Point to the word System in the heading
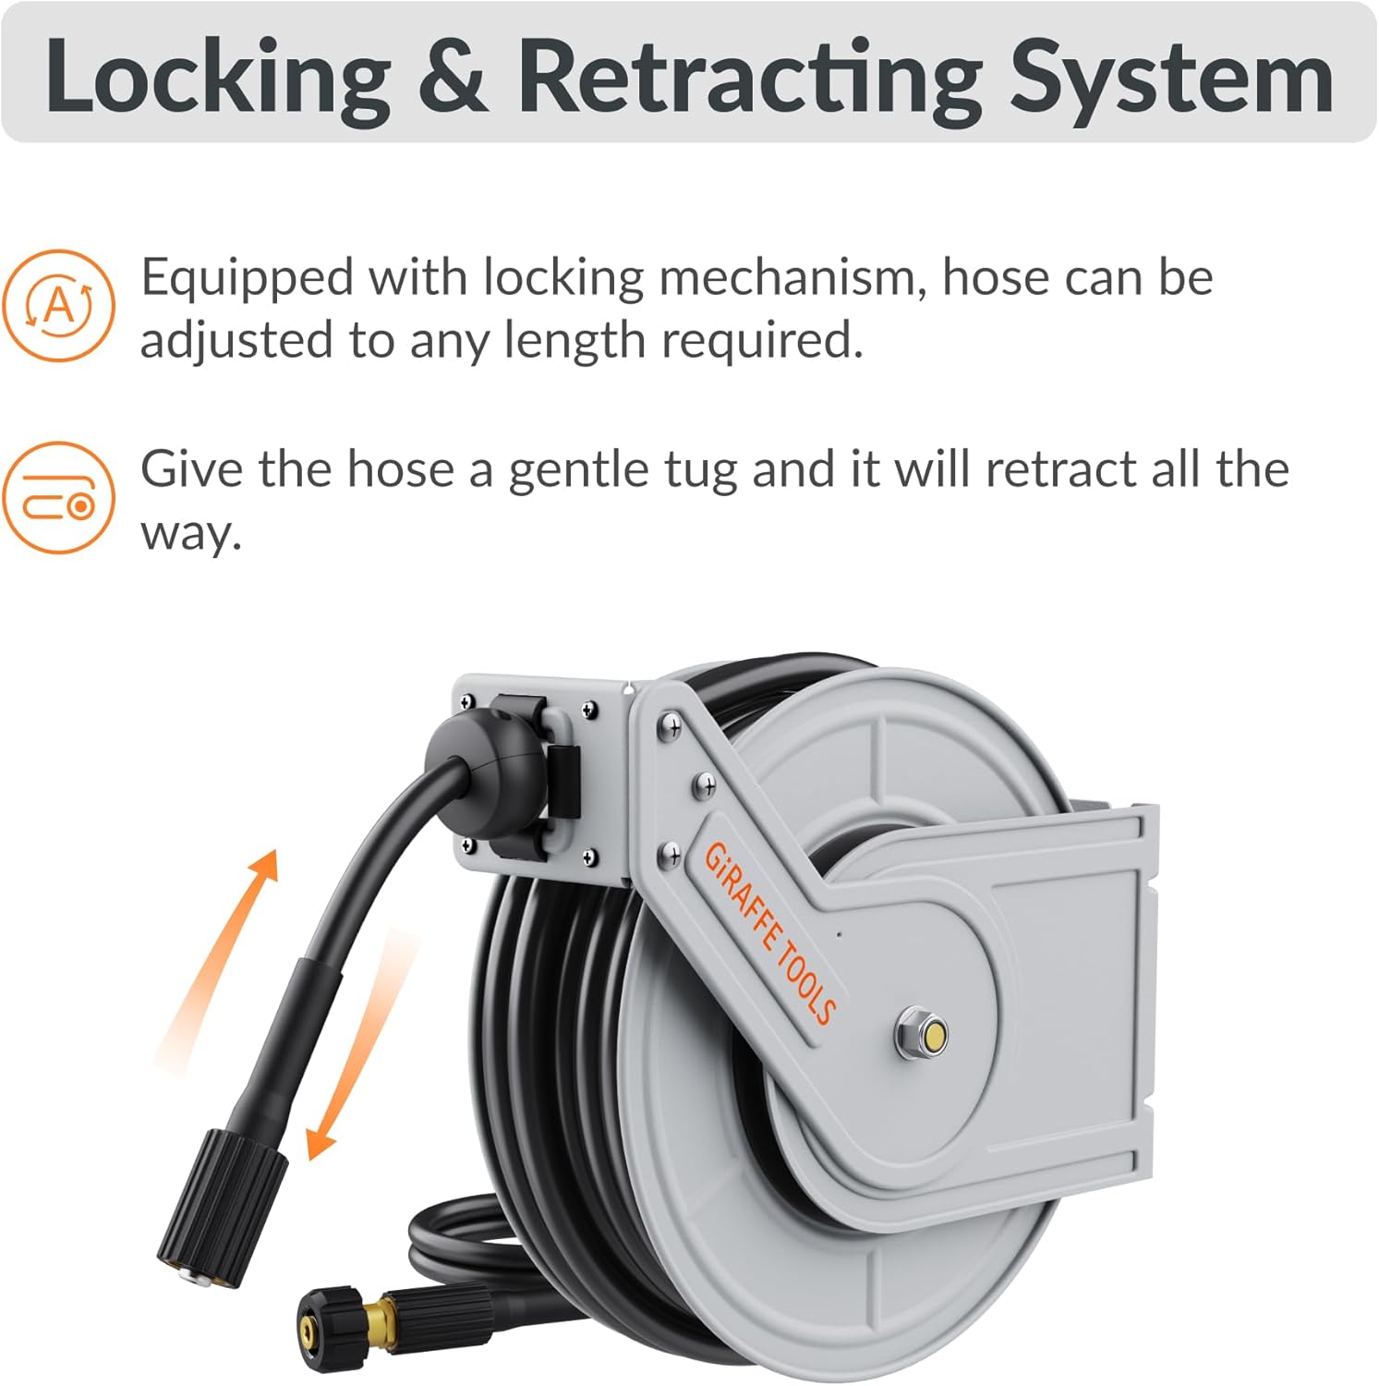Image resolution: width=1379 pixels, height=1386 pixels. pos(1171,78)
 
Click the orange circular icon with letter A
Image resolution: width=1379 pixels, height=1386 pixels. pos(59,305)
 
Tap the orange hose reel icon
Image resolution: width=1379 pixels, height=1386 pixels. pos(59,498)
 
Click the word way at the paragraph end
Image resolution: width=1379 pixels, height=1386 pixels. pos(190,534)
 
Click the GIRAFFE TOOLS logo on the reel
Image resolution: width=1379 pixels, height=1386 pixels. pos(769,933)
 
